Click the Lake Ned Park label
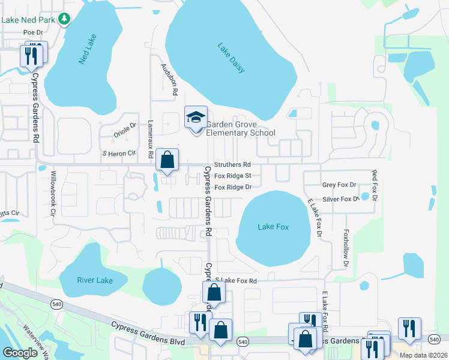28,20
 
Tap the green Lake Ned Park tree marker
64,20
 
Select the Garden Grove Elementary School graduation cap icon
195,118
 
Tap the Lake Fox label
273,227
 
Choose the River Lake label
95,280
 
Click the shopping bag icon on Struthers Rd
167,160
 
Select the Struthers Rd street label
232,164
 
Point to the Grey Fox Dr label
339,185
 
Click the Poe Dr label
33,32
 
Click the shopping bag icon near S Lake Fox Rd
214,293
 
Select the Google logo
20,352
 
